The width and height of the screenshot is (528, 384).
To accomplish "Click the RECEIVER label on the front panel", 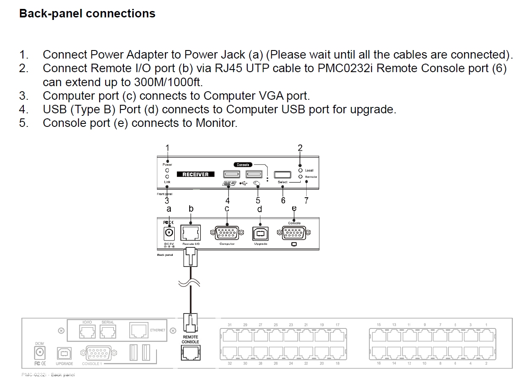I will [196, 174].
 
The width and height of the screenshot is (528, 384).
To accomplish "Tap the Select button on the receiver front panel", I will [282, 174].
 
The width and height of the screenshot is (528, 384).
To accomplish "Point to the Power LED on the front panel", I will [167, 170].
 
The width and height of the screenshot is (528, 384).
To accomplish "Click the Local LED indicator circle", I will [300, 170].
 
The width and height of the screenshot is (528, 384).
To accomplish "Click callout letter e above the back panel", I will [294, 208].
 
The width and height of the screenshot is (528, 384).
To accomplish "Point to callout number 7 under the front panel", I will [306, 200].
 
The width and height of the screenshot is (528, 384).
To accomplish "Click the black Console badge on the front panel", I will [243, 165].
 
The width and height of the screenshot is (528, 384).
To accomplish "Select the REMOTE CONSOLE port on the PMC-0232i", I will [190, 353].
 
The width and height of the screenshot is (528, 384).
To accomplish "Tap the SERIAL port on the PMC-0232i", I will [108, 331].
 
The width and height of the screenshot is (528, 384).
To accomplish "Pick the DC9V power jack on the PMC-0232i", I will [39, 352].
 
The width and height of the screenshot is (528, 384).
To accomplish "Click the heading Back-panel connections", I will [87, 14].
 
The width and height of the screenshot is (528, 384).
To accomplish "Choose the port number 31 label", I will [229, 325].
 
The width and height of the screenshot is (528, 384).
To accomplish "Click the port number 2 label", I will [486, 364].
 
